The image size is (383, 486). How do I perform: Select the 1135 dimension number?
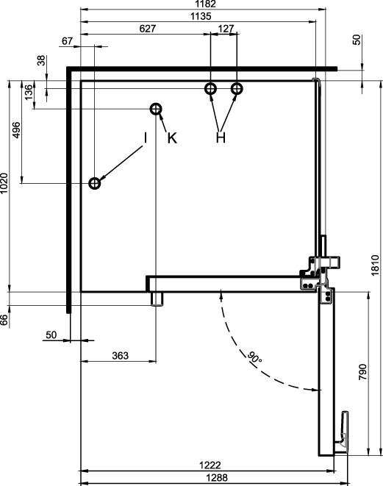point(201,16)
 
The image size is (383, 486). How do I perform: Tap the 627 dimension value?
point(148,29)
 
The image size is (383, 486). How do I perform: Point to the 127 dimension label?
point(226,29)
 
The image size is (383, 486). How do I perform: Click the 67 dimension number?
point(67,41)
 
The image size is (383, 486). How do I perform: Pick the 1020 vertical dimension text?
point(4,183)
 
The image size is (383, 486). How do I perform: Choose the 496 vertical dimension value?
point(16,130)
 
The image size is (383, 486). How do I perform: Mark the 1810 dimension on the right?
point(375,265)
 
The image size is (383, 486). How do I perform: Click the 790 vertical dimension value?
point(362,372)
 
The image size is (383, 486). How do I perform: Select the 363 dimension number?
point(121,356)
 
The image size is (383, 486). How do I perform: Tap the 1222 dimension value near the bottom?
point(210,465)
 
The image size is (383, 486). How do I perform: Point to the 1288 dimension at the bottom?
point(217,478)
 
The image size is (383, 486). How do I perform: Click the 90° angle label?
point(254,357)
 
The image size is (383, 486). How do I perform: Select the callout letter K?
point(172,138)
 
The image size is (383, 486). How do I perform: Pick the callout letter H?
point(221,137)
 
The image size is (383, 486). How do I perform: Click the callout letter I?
point(145,138)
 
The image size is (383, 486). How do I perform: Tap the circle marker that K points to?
point(156,109)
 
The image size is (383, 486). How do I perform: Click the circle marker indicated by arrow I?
point(95,184)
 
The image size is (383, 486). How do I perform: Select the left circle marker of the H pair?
point(211,89)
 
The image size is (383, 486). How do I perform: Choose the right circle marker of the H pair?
point(237,89)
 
